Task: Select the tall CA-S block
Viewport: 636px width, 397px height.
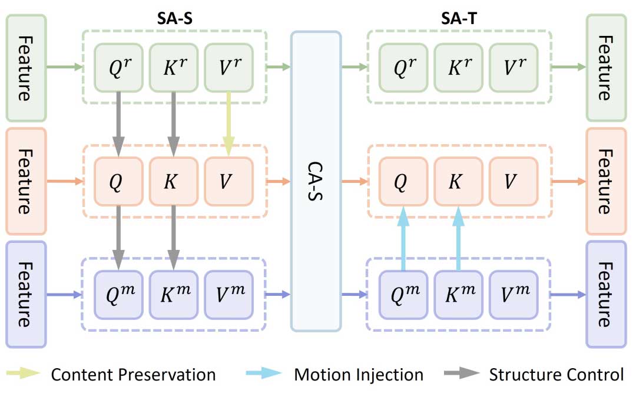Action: click(x=316, y=181)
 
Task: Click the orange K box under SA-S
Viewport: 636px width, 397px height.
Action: click(x=173, y=181)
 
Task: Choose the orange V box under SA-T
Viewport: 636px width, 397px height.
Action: click(x=513, y=181)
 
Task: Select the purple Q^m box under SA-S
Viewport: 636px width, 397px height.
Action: click(x=118, y=294)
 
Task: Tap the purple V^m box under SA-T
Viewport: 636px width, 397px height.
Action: click(x=513, y=294)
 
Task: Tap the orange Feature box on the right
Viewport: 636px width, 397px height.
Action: click(x=605, y=181)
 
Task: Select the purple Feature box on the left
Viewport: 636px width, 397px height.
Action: click(x=26, y=294)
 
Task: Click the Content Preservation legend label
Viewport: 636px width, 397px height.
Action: click(x=133, y=375)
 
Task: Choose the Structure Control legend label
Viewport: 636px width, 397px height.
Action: click(x=556, y=375)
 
